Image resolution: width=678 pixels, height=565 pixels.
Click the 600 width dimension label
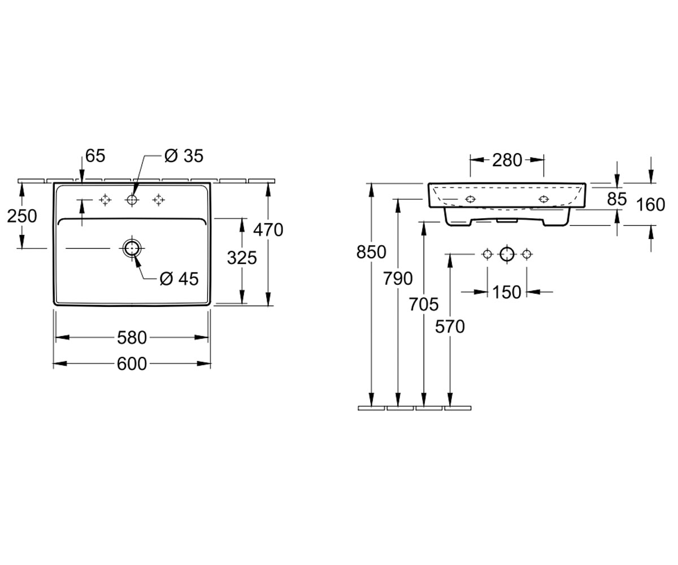coord(132,364)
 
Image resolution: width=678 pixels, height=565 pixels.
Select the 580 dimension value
coord(132,338)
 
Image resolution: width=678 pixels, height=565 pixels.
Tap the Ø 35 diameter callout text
coord(184,156)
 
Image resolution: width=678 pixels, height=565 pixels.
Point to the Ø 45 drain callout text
coord(179,279)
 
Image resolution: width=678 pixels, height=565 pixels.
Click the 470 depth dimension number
coord(268,230)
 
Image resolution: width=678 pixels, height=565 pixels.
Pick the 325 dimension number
coord(242,258)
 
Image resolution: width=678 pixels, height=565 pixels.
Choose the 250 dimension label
coord(22,216)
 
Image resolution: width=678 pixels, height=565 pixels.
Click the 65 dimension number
coord(95,156)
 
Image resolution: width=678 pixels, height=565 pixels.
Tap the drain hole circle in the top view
coord(132,249)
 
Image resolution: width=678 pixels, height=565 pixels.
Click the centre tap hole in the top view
coord(132,199)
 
